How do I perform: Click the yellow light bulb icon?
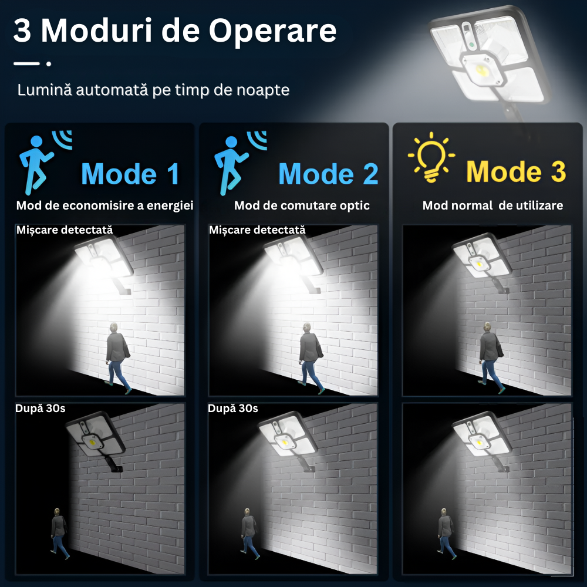[x=431, y=157]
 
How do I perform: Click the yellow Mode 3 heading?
[x=516, y=172]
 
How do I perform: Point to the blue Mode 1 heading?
[x=130, y=174]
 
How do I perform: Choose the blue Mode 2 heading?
[x=328, y=174]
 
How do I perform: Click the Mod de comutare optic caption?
[x=302, y=205]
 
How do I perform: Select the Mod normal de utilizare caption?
[x=492, y=205]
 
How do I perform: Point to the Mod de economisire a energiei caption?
[x=105, y=205]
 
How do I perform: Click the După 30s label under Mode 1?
[x=41, y=409]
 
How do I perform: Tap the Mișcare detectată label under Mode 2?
[x=257, y=230]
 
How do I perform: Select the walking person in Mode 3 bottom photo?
[x=446, y=534]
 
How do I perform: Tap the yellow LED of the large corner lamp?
[x=480, y=69]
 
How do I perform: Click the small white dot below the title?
[x=49, y=63]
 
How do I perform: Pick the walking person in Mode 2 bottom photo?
[x=249, y=534]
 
